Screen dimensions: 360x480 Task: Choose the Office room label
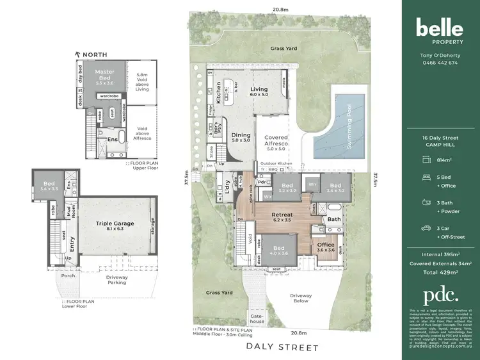click(326, 248)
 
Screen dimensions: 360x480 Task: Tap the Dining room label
click(241, 138)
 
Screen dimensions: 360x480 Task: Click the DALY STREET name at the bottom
click(282, 348)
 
